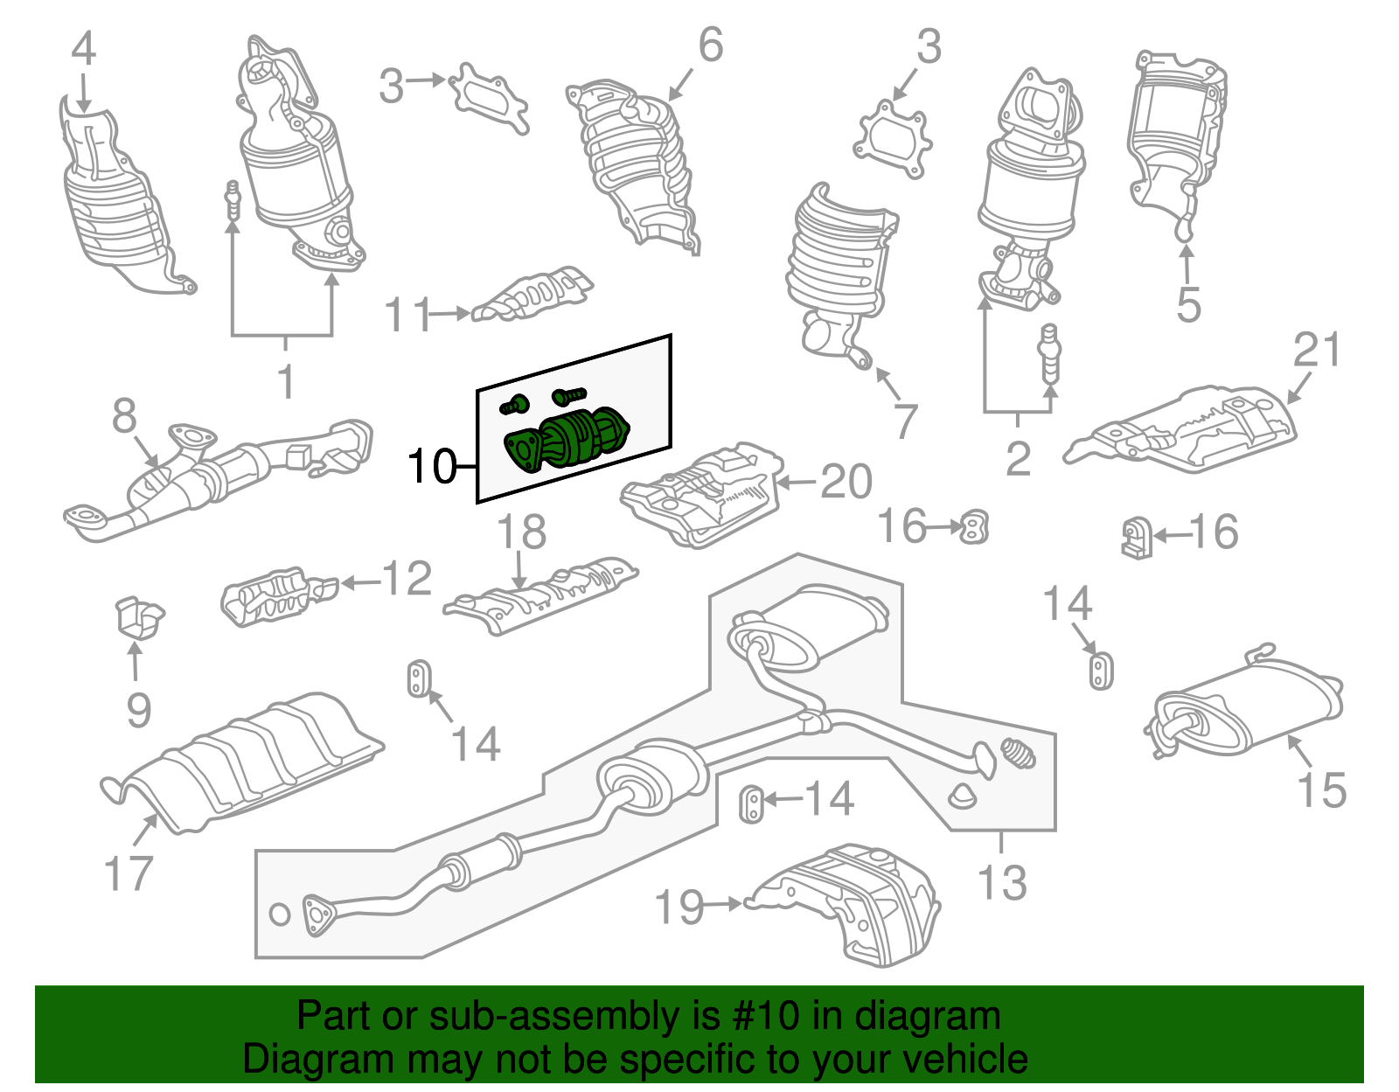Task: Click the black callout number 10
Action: click(432, 467)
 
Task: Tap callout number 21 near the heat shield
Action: click(1317, 351)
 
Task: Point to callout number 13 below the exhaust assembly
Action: click(1002, 882)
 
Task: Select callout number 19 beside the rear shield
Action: click(680, 907)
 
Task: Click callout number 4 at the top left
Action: click(83, 50)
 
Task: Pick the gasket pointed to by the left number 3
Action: click(489, 97)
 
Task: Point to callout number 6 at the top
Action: click(711, 45)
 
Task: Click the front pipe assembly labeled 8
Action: click(219, 476)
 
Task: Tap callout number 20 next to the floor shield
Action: click(846, 482)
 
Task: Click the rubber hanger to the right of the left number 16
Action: click(973, 526)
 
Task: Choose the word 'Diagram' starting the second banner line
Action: click(295, 1059)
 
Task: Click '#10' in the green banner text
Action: click(760, 1017)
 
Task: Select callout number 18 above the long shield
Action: click(522, 532)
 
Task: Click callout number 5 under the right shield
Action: click(1188, 305)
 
